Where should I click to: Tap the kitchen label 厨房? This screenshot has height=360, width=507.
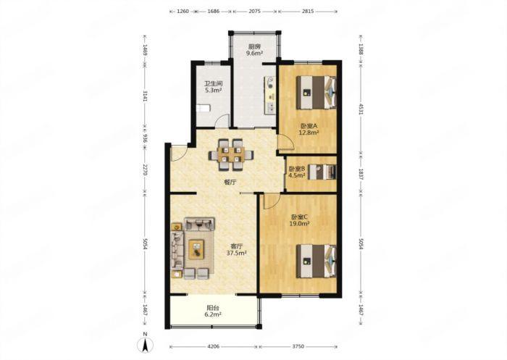tap(254, 46)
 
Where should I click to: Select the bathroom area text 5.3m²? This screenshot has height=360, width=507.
tap(213, 90)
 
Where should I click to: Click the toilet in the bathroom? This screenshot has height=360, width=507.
tap(204, 108)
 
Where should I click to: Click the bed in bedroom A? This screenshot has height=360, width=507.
tap(317, 92)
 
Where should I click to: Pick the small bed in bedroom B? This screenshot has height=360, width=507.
tap(322, 172)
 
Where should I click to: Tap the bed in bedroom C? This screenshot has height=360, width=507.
tap(317, 261)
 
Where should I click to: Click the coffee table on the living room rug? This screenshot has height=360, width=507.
tap(196, 249)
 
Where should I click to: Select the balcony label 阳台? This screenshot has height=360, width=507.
tap(213, 308)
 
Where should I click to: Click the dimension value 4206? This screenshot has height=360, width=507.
tap(213, 346)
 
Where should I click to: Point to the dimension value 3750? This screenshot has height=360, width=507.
tap(298, 346)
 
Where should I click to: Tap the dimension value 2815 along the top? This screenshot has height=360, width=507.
tap(308, 11)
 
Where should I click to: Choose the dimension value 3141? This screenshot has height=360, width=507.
tap(145, 96)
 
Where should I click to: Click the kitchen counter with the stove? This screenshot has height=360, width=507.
tap(270, 95)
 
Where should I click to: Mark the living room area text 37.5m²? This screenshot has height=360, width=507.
tap(236, 253)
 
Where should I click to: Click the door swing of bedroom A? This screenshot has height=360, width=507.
tap(286, 142)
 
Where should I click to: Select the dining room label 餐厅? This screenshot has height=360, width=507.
tap(230, 183)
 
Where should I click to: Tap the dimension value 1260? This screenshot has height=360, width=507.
tap(183, 11)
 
